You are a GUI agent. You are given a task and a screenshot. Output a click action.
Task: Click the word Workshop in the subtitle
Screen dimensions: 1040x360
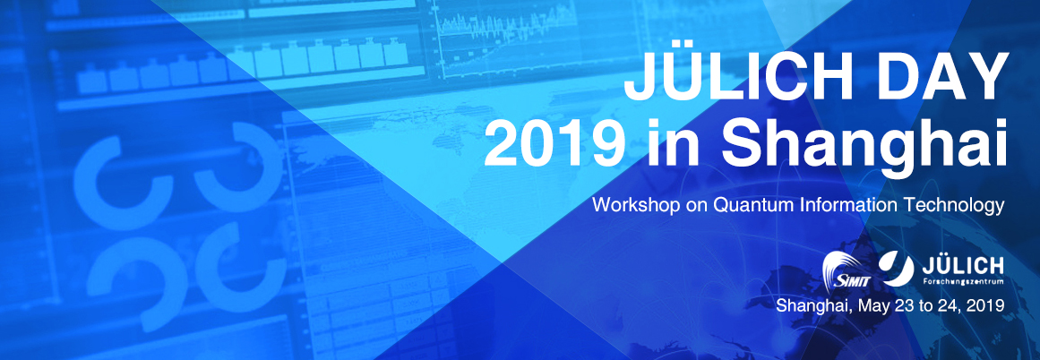point(637,205)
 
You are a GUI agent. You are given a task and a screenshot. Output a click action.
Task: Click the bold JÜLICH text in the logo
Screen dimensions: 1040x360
point(963,265)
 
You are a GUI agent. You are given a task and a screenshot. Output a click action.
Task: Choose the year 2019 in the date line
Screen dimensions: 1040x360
point(984,305)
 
